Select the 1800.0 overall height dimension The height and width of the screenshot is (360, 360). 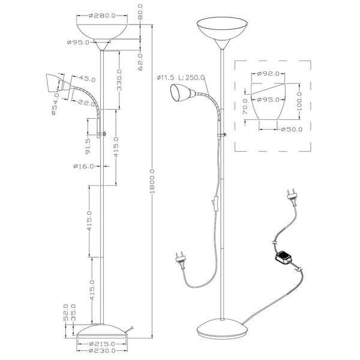[154, 179]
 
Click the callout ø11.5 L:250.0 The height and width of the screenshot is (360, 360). [181, 77]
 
